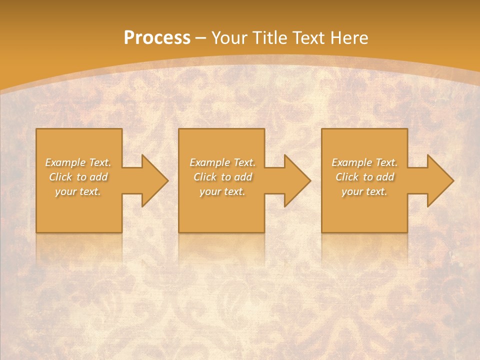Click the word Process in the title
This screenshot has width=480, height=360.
pyautogui.click(x=157, y=38)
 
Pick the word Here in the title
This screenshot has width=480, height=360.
pyautogui.click(x=350, y=38)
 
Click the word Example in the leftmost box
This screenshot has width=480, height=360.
pyautogui.click(x=65, y=162)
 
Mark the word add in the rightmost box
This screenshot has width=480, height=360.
pyautogui.click(x=384, y=177)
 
